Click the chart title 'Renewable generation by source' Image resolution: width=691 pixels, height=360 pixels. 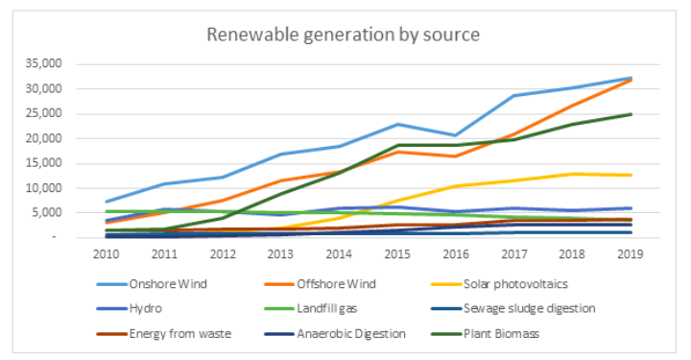[345, 35]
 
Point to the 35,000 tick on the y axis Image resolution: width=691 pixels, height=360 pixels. [43, 63]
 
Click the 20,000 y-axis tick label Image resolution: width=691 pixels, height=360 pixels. [43, 138]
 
